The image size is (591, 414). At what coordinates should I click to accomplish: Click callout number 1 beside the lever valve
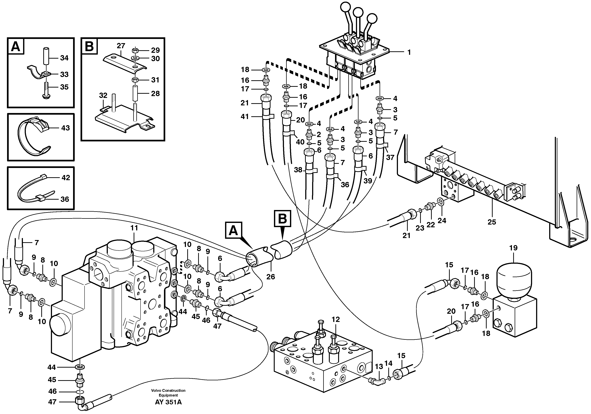409,52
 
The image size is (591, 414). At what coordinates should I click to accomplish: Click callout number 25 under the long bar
492,222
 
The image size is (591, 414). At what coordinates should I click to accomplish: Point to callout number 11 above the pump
134,228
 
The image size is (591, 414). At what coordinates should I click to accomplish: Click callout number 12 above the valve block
336,319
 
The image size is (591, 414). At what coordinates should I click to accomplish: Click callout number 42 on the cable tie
66,178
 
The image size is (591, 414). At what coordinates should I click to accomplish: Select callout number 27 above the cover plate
121,46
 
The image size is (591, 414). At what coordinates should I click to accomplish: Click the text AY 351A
168,402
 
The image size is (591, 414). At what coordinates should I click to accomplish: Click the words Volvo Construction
168,391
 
